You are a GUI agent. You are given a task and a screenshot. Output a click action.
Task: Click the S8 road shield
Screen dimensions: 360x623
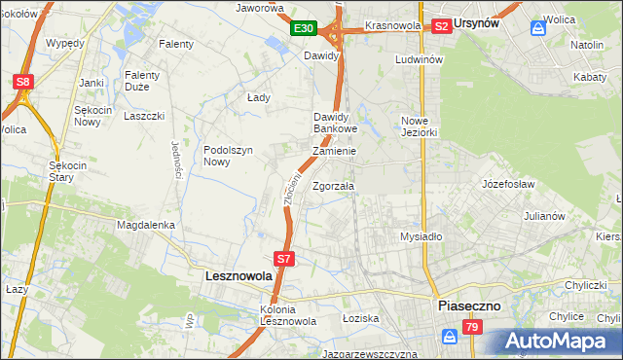point(23,82)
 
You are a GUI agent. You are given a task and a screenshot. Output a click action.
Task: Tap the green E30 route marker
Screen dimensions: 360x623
point(304,29)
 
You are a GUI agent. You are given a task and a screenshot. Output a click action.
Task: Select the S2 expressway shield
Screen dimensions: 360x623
point(441,26)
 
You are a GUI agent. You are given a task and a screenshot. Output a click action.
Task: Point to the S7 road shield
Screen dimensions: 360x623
point(283,259)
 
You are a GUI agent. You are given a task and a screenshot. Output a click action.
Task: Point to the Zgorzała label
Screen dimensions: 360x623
point(334,186)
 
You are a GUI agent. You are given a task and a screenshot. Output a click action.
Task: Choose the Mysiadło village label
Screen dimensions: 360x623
point(421,236)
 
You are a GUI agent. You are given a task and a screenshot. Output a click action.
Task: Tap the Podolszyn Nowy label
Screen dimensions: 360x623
point(229,156)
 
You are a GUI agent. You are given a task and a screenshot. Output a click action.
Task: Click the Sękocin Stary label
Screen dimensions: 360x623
point(69,171)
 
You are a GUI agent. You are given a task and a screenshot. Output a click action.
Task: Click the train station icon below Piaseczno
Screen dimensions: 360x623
point(449,336)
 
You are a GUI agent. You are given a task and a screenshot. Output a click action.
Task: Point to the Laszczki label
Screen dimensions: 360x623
point(142,116)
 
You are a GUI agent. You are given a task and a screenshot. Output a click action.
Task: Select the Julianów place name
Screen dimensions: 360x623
point(544,216)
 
